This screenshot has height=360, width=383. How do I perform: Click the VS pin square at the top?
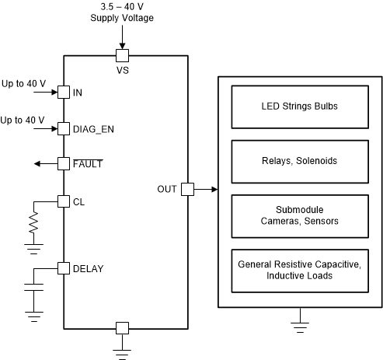click(121, 55)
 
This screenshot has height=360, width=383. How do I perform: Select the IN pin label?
click(78, 93)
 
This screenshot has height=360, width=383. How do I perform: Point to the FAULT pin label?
click(87, 164)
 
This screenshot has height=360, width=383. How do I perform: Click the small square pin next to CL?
click(63, 201)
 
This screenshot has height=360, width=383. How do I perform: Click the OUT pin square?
click(187, 189)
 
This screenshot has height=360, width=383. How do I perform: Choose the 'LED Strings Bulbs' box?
click(299, 106)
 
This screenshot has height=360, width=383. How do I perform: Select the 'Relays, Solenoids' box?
click(299, 161)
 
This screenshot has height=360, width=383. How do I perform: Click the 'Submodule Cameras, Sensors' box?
click(299, 215)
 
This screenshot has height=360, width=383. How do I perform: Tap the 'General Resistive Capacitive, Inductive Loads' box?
click(299, 270)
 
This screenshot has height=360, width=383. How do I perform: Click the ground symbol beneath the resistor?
click(33, 248)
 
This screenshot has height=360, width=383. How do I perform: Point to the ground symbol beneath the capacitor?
click(33, 315)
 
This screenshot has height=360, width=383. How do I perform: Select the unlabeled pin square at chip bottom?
click(121, 327)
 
